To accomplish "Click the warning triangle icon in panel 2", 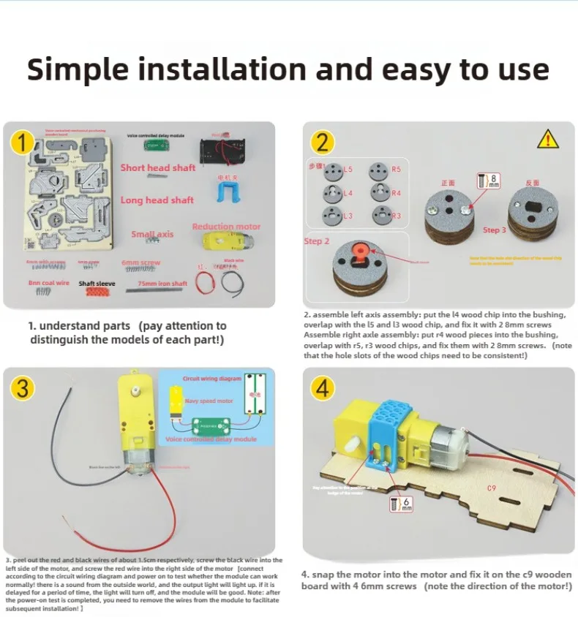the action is (547, 138).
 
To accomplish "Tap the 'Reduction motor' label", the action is (226, 227).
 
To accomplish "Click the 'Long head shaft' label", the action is (157, 200).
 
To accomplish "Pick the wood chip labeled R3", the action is (380, 215).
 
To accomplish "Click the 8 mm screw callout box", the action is (489, 181).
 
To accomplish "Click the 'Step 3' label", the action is (495, 230).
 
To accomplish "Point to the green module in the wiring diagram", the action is (211, 425).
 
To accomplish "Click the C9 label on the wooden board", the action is (492, 488).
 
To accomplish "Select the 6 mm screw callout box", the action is (403, 504).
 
